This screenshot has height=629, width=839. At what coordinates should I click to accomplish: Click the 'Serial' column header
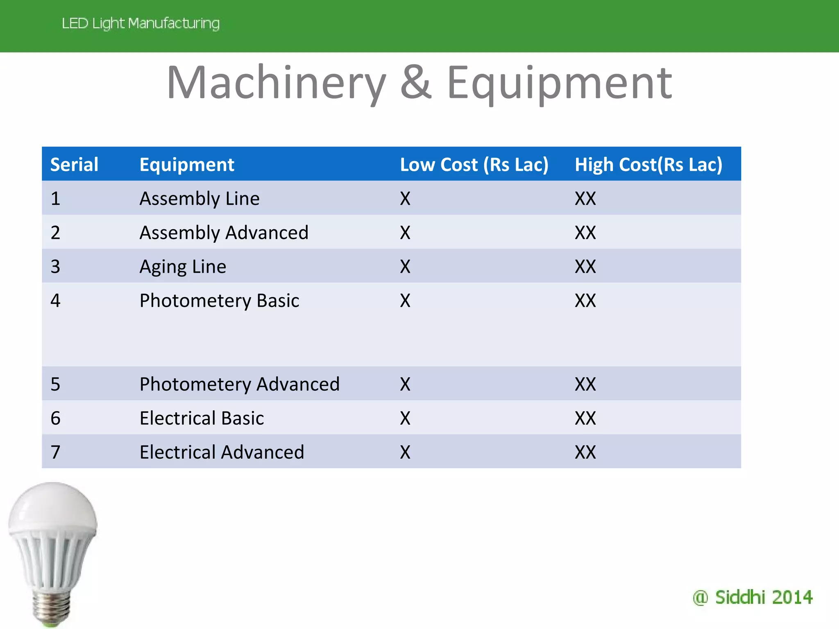click(74, 165)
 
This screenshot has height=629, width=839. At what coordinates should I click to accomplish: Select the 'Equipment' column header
click(187, 165)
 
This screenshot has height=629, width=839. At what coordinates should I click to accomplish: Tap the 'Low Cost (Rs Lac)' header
click(474, 165)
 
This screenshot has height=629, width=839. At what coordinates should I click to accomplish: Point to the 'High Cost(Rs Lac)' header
click(648, 165)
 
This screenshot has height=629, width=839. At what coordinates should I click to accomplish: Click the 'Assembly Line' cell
click(200, 199)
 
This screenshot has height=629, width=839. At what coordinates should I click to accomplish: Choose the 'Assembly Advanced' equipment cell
click(224, 233)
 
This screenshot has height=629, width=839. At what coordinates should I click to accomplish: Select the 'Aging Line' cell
click(183, 267)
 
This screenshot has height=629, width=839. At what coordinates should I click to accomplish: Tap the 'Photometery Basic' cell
click(219, 301)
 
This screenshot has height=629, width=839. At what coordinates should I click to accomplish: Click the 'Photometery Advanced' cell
click(240, 384)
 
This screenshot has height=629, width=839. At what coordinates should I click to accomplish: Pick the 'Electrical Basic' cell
click(202, 418)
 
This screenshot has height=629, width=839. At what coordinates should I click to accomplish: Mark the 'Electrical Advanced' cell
click(222, 452)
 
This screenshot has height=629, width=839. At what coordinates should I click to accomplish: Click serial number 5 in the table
click(55, 384)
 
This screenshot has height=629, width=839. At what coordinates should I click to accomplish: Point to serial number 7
click(55, 452)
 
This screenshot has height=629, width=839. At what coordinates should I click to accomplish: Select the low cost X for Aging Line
click(405, 267)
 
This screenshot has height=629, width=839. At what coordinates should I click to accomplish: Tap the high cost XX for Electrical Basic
click(585, 418)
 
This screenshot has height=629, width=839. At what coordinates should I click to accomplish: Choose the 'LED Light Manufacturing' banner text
click(141, 23)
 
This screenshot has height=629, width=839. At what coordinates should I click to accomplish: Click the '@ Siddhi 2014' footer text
click(753, 597)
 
